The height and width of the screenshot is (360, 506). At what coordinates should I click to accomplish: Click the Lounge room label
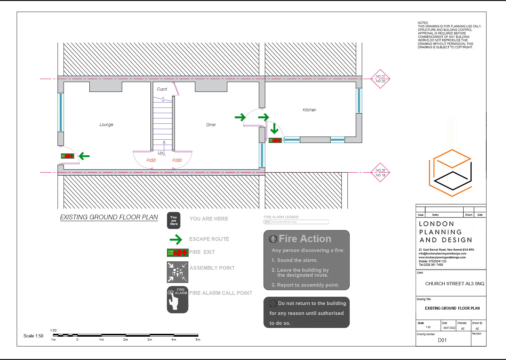click(106, 125)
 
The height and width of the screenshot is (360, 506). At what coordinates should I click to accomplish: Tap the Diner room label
click(211, 125)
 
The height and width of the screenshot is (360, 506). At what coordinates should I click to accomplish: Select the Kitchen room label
click(309, 110)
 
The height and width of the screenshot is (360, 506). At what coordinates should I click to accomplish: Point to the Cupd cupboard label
click(162, 89)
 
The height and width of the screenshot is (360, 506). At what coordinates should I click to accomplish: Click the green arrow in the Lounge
click(84, 156)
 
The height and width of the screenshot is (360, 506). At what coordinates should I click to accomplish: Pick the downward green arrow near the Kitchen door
click(274, 128)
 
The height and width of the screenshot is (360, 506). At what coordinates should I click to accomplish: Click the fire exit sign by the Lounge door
click(67, 156)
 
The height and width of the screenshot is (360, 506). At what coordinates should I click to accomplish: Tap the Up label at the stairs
click(160, 153)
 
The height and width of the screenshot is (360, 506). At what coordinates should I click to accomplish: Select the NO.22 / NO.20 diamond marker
click(380, 79)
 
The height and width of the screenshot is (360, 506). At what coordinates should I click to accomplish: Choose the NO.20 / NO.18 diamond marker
click(380, 172)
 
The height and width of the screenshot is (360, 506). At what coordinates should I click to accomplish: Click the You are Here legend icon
click(174, 220)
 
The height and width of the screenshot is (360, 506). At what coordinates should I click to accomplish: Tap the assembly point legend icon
click(177, 272)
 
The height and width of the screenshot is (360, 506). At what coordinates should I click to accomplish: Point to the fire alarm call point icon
click(177, 299)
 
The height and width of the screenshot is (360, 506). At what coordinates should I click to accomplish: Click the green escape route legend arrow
click(176, 239)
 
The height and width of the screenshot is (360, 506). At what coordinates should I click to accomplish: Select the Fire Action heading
click(305, 239)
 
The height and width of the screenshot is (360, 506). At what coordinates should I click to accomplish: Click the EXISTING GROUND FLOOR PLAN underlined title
click(109, 217)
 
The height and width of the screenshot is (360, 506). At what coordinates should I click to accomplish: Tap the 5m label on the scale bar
click(198, 340)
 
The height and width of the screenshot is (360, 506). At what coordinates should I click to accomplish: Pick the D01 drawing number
click(442, 340)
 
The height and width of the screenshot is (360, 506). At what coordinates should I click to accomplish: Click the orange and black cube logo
click(451, 173)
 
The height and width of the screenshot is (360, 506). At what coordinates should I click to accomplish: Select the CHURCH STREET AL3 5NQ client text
click(454, 284)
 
